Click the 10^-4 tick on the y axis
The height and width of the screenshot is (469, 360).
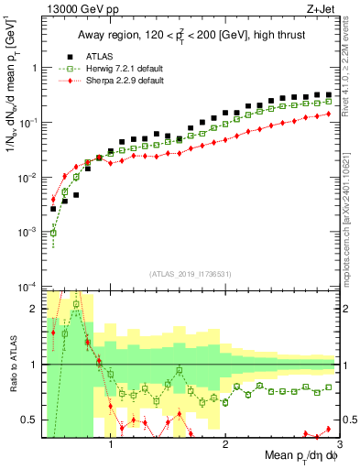pos(28,286)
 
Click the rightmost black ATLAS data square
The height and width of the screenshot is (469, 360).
pos(329,93)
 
